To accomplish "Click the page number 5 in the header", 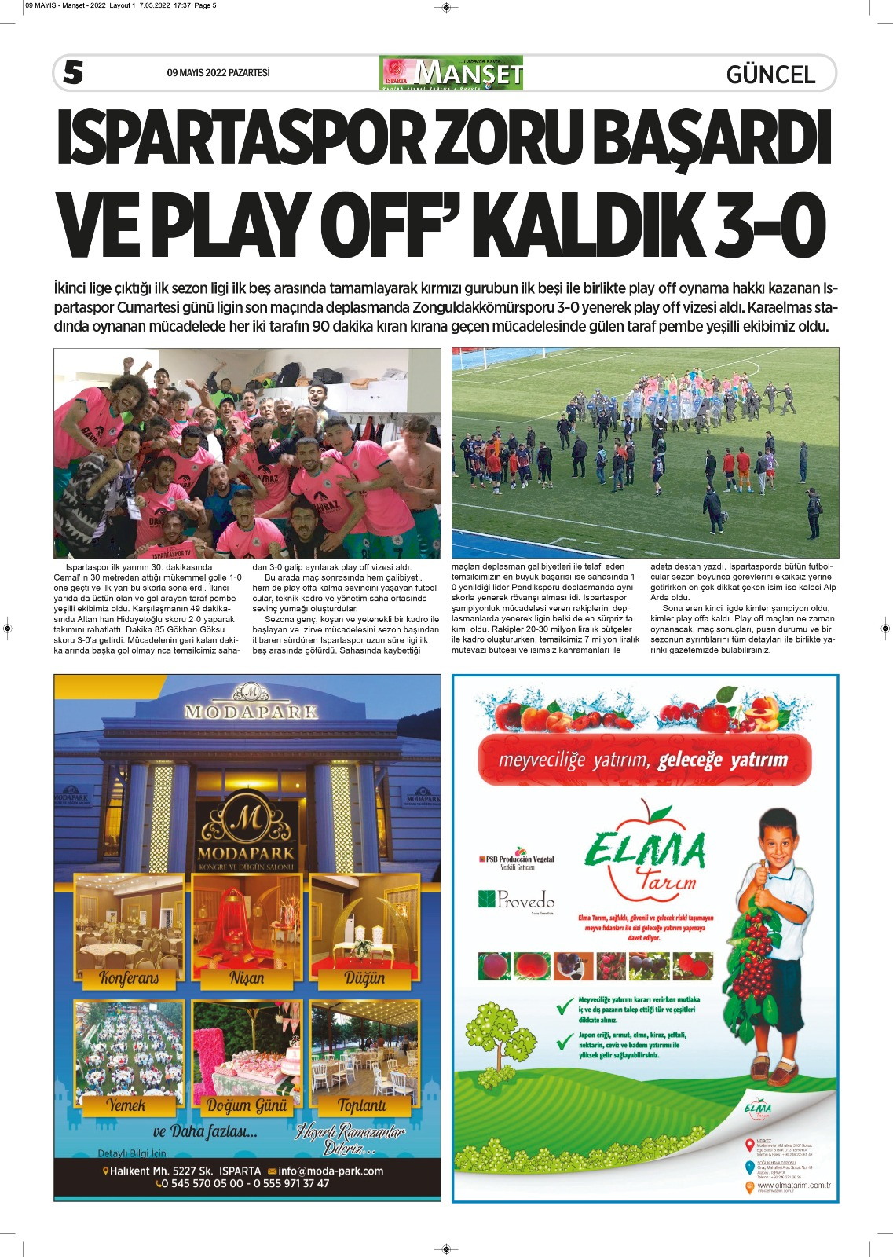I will tap(73, 72).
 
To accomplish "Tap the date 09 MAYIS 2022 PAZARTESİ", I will tap(218, 73).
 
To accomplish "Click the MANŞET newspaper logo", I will tap(452, 73).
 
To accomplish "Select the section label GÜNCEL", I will tap(770, 75).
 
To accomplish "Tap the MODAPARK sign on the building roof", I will tap(251, 712).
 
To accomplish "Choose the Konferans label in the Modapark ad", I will tap(129, 978).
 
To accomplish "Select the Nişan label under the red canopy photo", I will tap(247, 978).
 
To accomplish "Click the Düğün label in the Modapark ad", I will tap(364, 978).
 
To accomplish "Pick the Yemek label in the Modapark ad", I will tap(126, 1105).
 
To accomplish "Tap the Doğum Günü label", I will tap(247, 1105).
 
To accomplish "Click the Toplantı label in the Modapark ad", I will tap(362, 1105).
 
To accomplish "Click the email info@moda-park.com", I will tap(330, 1171).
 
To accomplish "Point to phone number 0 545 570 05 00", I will tap(203, 1183).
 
